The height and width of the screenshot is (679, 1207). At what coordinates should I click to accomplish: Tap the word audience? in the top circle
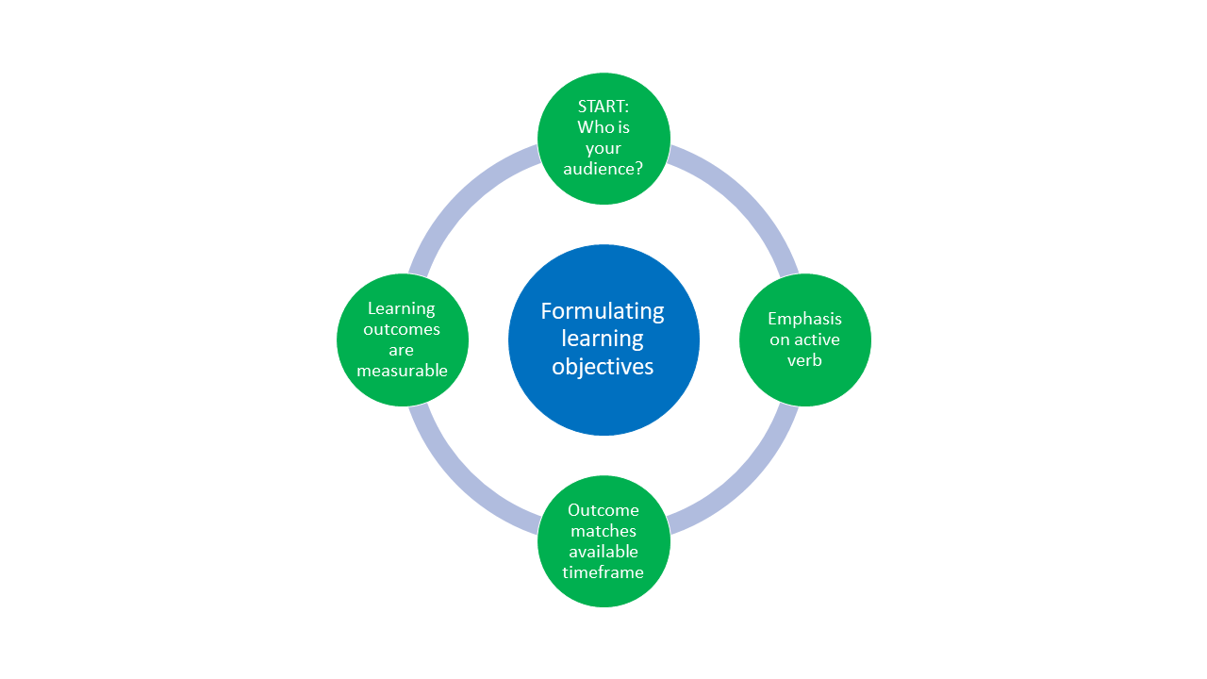(603, 169)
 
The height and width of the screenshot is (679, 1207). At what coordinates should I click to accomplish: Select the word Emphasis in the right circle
(804, 319)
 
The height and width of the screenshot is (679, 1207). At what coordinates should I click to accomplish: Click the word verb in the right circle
(804, 360)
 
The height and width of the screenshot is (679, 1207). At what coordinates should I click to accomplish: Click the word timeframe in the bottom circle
(603, 572)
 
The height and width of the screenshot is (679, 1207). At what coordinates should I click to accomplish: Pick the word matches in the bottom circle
(603, 531)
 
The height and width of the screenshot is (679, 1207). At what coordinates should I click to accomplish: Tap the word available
(603, 552)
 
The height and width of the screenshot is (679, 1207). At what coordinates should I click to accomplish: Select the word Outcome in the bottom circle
(603, 510)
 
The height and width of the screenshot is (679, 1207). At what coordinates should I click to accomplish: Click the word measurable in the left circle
(402, 371)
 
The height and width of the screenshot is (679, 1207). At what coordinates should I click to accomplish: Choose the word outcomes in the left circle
(402, 329)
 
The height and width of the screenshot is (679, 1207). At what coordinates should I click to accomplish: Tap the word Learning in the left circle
(402, 308)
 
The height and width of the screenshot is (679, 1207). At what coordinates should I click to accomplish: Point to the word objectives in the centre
(603, 367)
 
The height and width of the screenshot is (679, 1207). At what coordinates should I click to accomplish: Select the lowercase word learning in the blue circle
(603, 339)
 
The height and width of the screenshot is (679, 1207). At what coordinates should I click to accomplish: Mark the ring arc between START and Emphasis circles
(747, 196)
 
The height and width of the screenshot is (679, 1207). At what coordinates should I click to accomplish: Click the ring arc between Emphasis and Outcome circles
(747, 483)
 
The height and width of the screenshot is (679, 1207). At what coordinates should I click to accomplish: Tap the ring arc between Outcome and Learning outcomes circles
(460, 483)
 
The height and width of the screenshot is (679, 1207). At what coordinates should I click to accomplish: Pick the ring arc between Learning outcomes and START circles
(460, 196)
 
